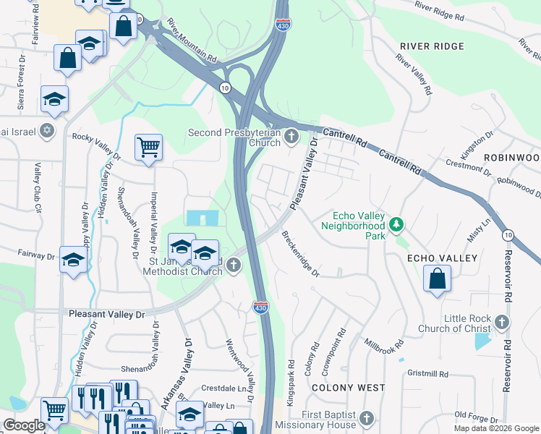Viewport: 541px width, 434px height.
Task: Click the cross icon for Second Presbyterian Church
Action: (x=291, y=136)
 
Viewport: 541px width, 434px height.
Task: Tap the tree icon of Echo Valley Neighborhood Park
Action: (x=396, y=226)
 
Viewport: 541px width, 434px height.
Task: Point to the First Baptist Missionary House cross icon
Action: (x=367, y=419)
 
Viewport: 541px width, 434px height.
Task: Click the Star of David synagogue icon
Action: (x=47, y=130)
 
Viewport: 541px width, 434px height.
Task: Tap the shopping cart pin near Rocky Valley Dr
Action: (x=148, y=147)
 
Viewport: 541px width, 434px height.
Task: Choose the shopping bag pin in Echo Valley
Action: (x=438, y=278)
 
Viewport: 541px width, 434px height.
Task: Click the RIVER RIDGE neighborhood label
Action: (x=432, y=46)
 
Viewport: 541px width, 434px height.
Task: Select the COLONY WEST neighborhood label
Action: (x=348, y=388)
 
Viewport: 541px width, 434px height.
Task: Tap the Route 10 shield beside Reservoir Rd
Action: (x=508, y=234)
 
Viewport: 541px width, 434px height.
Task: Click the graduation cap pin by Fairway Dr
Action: (x=73, y=259)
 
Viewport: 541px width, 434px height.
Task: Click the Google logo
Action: (x=24, y=425)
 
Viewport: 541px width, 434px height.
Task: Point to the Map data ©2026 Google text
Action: (x=496, y=428)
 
